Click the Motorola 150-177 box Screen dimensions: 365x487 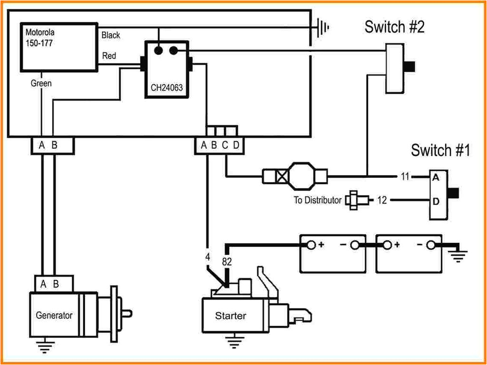click(x=58, y=47)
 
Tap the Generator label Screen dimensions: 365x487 click(x=54, y=315)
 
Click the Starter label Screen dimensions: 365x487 click(x=231, y=316)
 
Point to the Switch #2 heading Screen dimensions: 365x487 click(x=394, y=27)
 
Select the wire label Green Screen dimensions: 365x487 click(x=41, y=83)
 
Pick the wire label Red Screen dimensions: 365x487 click(x=109, y=56)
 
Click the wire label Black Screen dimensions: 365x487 click(x=111, y=35)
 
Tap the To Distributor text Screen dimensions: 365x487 click(x=317, y=200)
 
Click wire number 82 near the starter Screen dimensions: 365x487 click(x=227, y=261)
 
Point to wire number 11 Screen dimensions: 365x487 click(x=405, y=177)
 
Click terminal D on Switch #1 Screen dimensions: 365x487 click(x=435, y=201)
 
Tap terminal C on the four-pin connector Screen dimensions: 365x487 click(x=225, y=145)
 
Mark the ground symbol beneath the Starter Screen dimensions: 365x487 click(x=233, y=341)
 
